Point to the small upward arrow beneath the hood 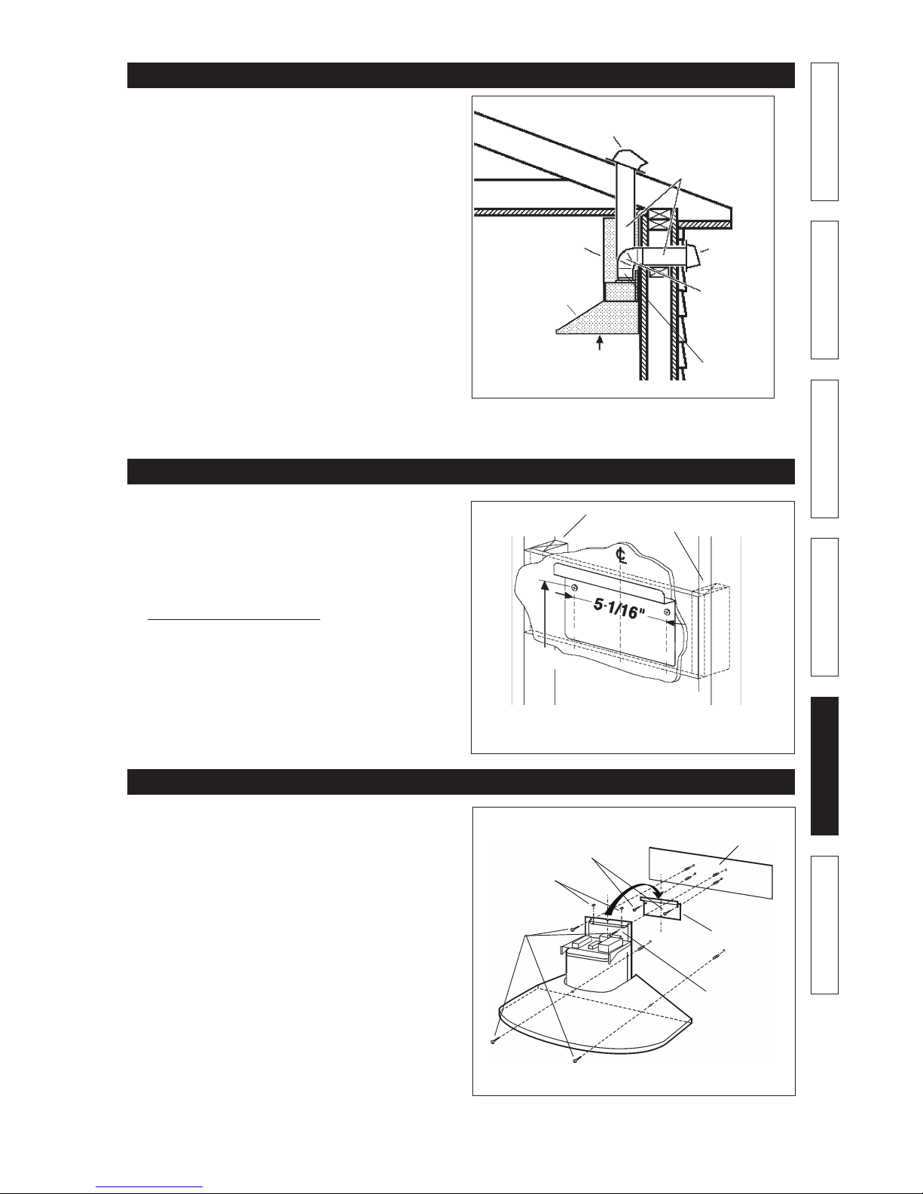tap(600, 343)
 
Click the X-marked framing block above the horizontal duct tap(657, 222)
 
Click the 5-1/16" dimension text tap(618, 607)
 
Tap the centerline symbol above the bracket tap(621, 554)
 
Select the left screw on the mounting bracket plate tap(574, 588)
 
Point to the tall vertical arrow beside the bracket tap(545, 616)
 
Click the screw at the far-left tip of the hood tap(494, 1041)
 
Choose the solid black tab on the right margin tap(824, 766)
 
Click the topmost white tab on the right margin tap(824, 132)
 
